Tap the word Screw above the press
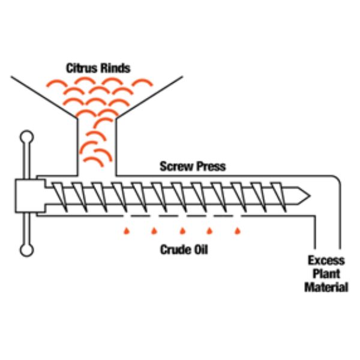(175, 166)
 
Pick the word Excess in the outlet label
(326, 260)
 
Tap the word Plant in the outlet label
(326, 274)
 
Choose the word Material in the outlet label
(326, 287)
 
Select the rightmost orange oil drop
(237, 230)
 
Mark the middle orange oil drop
(182, 230)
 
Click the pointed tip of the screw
(308, 196)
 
